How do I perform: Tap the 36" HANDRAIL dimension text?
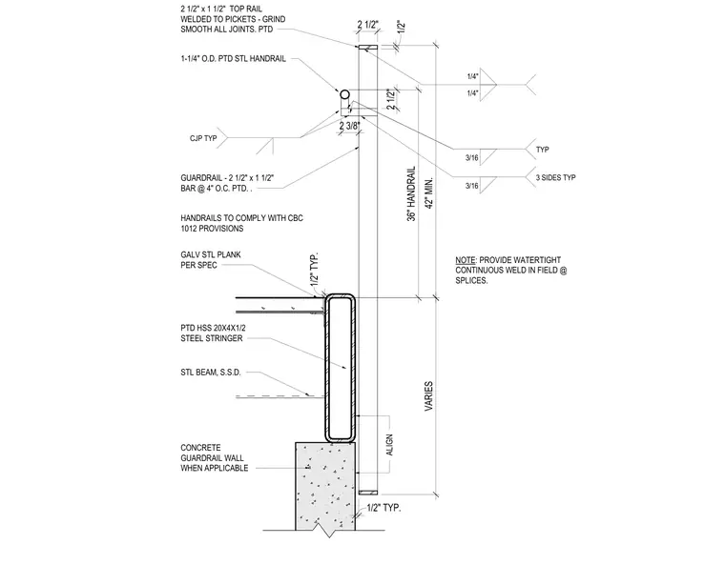tap(411, 193)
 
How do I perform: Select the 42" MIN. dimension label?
tap(428, 193)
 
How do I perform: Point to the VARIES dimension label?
tap(428, 396)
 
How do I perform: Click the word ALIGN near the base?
tap(389, 445)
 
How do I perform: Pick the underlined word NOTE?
tap(466, 260)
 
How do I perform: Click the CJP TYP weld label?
tap(203, 138)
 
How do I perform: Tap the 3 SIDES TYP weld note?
tap(556, 177)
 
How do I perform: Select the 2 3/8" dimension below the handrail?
tap(349, 126)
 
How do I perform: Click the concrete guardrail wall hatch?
tap(325, 485)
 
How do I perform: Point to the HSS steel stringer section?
tap(341, 368)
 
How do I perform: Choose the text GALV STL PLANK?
tap(211, 254)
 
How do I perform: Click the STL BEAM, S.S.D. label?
tap(211, 373)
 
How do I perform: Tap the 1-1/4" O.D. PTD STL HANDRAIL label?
tap(233, 59)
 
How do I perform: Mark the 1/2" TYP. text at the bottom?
tap(383, 508)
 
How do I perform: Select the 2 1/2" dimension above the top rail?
tap(368, 25)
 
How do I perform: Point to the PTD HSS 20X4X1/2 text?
tap(213, 328)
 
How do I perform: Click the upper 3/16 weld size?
tap(471, 158)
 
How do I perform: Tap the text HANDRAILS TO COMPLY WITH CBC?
tap(241, 218)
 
